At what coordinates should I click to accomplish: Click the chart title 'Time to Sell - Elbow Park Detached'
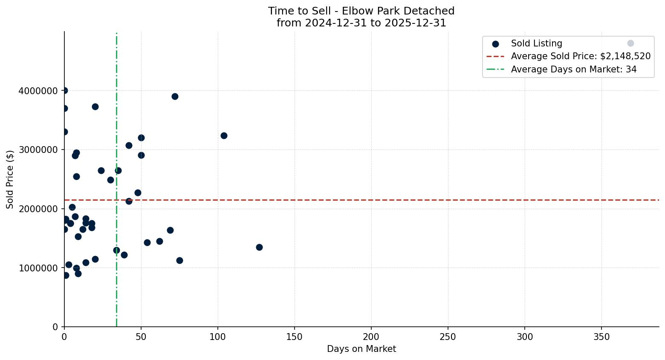[361, 11]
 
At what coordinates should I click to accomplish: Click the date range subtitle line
[361, 23]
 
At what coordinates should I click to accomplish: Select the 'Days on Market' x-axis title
[361, 349]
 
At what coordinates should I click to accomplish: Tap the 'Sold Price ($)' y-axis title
[10, 179]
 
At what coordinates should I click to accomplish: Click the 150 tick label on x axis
[295, 337]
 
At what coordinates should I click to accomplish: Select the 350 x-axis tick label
[601, 337]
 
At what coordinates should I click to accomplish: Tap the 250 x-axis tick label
[448, 337]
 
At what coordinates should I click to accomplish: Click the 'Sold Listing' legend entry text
[536, 43]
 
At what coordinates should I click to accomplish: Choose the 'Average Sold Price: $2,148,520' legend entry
[581, 56]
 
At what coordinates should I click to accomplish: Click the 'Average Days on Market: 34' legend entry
[573, 69]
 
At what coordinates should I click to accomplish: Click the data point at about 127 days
[259, 247]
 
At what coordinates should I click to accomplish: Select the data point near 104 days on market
[224, 135]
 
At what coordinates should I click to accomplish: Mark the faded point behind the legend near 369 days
[630, 43]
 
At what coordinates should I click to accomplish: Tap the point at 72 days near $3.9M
[175, 96]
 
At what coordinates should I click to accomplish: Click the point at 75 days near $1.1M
[179, 260]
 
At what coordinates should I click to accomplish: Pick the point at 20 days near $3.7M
[95, 107]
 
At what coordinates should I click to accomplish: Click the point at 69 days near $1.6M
[170, 230]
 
